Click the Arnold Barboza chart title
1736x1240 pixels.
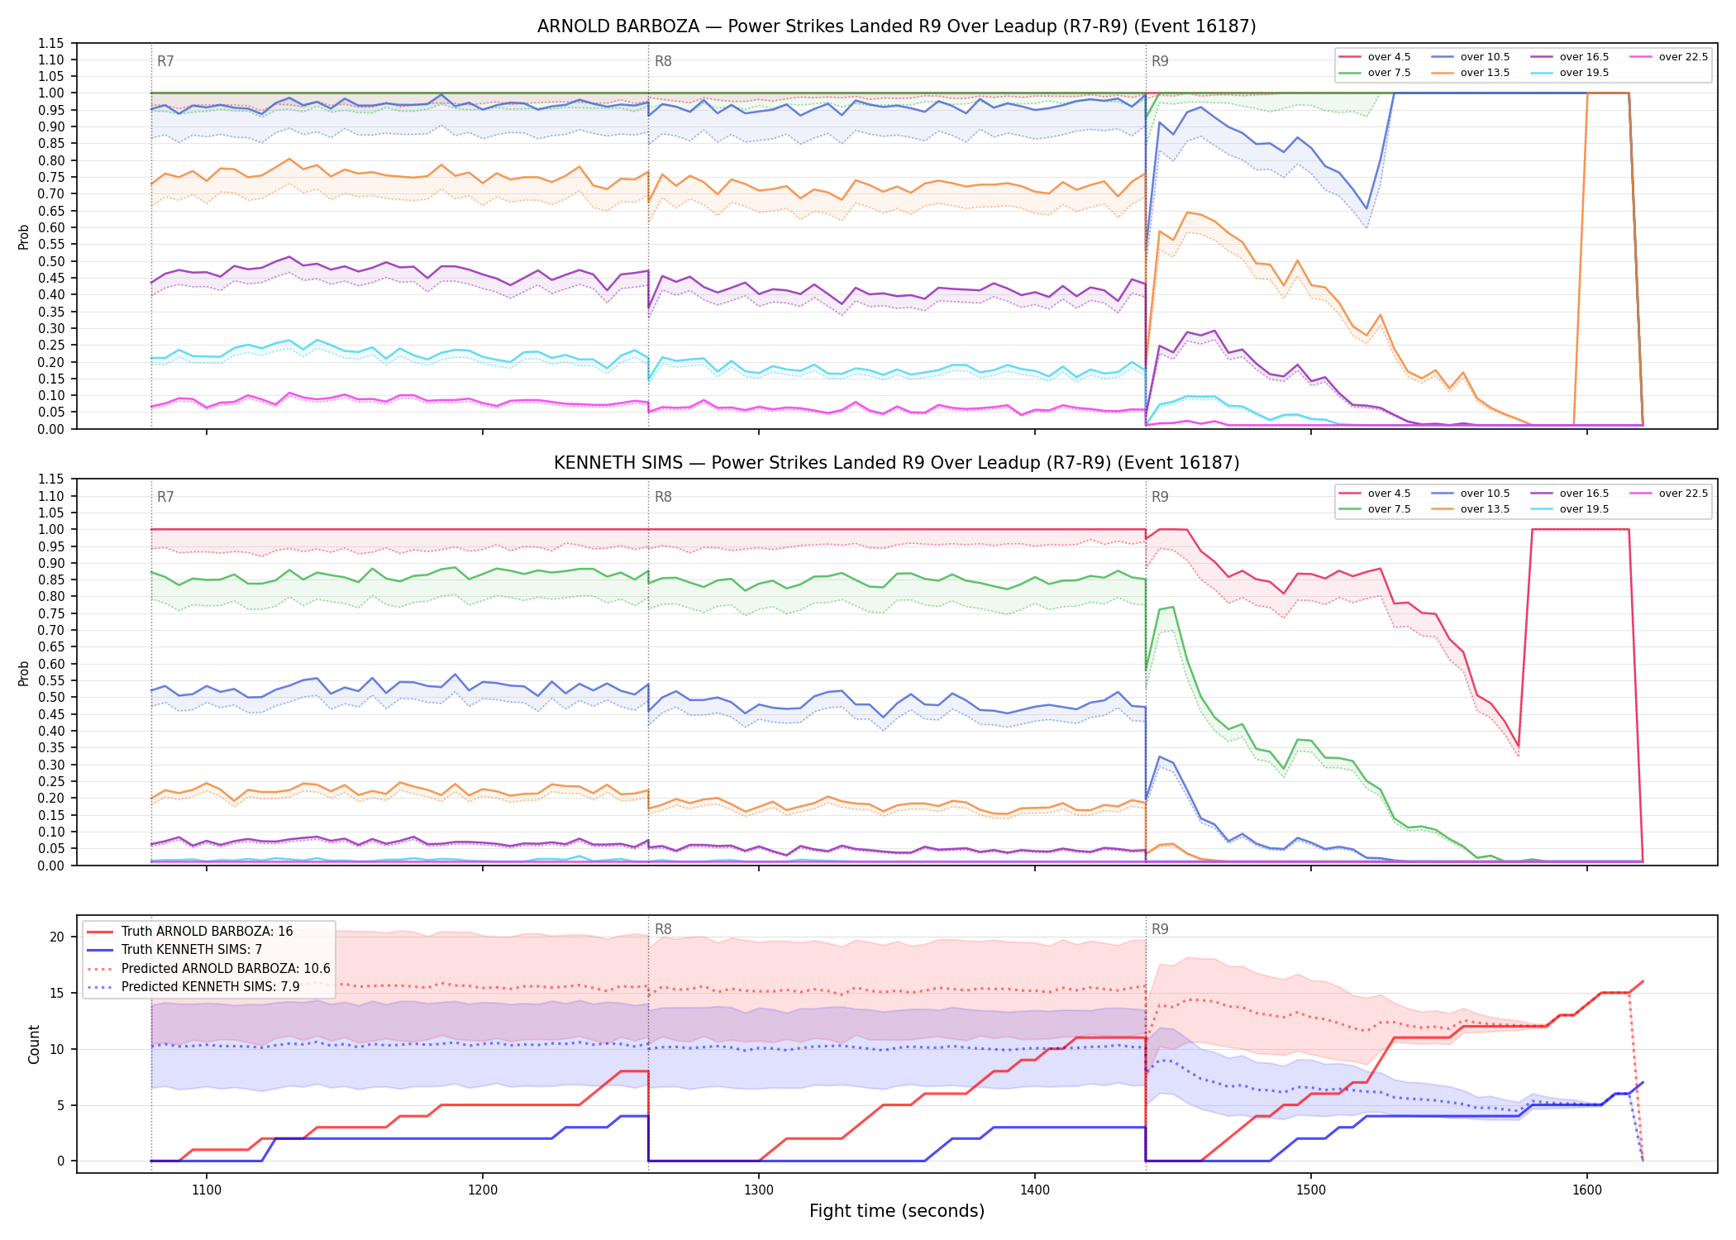point(896,26)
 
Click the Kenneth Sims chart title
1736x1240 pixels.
point(896,463)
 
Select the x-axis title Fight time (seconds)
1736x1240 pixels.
point(897,1211)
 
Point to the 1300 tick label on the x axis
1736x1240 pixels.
point(759,1190)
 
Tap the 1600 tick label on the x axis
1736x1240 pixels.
point(1587,1190)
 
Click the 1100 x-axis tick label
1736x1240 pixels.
point(207,1190)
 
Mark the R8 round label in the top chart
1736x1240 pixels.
point(663,61)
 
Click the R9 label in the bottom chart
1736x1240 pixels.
point(1160,929)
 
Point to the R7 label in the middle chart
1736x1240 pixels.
point(165,497)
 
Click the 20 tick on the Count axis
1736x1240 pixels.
point(57,937)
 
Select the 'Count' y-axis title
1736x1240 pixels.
point(34,1044)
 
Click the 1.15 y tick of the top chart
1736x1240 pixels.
point(51,43)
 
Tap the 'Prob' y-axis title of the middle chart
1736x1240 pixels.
point(24,673)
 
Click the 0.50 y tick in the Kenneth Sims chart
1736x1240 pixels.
point(51,697)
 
